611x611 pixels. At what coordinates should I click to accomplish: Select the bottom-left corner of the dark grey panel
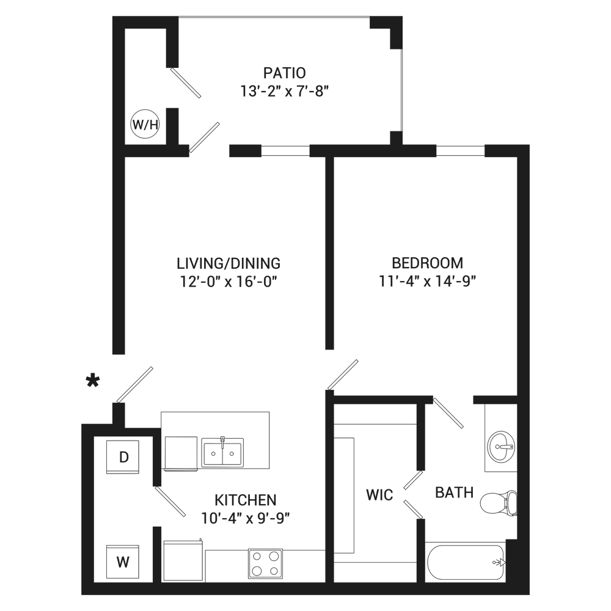tap(81, 595)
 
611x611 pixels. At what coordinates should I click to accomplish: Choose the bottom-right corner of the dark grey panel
tap(529, 595)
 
